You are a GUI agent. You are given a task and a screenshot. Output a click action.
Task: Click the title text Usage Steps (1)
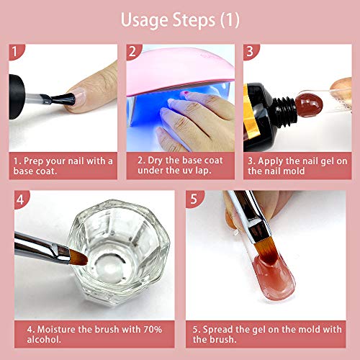180,18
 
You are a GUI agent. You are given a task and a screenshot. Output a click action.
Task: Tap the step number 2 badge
133,52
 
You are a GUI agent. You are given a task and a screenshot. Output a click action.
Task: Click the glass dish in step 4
108,248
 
